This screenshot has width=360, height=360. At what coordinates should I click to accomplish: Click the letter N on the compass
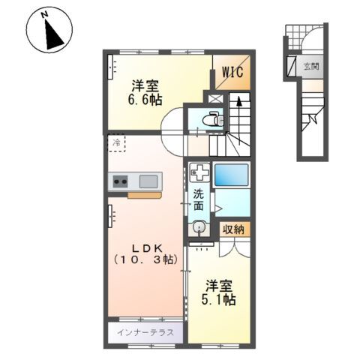point(45,15)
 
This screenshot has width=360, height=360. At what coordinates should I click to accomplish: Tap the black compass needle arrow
point(52,35)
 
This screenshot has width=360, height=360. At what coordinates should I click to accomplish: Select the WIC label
point(232,72)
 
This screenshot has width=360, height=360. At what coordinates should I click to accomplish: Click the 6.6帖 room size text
point(145,100)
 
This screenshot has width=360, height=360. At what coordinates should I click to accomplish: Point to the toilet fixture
point(213,119)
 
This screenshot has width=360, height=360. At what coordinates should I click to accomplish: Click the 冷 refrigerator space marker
point(116,143)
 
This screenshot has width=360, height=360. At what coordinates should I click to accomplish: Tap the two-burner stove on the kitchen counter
point(120,181)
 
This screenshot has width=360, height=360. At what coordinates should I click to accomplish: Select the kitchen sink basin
point(148,181)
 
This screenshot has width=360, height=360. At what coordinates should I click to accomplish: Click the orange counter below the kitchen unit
point(145,195)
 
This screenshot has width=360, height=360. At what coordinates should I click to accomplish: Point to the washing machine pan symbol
point(199,172)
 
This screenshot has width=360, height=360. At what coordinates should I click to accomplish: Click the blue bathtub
point(232,175)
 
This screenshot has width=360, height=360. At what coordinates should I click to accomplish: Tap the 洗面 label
point(199,199)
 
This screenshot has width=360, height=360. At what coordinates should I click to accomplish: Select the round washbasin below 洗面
point(199,228)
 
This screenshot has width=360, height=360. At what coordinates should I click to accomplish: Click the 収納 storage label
point(233,229)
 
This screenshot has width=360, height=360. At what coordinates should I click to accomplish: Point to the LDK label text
point(148,248)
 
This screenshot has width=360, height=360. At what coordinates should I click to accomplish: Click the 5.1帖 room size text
point(219,300)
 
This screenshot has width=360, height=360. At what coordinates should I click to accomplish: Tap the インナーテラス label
point(145,333)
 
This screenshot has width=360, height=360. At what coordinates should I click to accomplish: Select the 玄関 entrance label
point(311,67)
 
